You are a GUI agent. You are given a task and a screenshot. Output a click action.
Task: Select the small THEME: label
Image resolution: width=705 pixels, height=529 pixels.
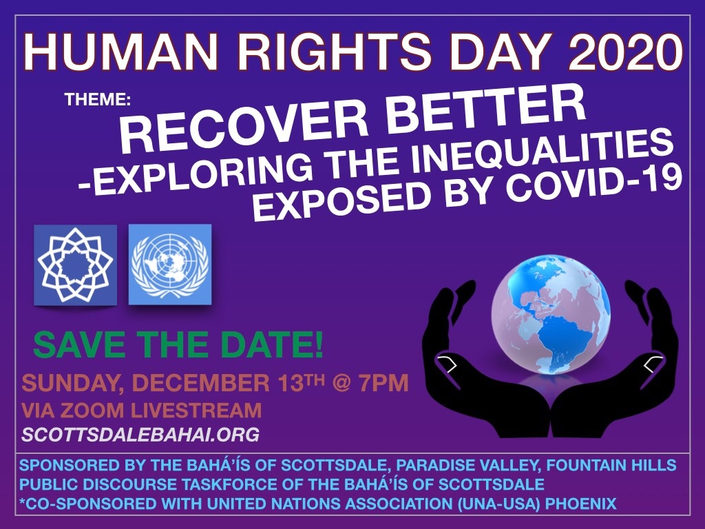pos(98,99)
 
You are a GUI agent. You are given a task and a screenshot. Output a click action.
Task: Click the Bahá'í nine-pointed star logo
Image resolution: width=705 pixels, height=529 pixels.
pos(75,265)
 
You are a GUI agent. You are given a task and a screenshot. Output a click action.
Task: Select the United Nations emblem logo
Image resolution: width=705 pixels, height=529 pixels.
pos(170,264)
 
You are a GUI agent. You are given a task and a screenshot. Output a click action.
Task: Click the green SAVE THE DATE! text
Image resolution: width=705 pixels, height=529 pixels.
pos(178,346)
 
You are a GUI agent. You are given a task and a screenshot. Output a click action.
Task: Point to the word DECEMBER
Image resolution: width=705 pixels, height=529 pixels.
pos(201,384)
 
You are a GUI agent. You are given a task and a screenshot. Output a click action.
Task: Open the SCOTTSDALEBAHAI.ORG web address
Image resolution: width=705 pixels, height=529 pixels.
pos(140,435)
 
